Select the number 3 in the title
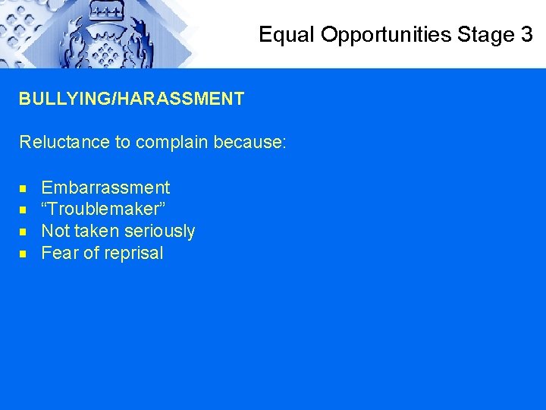[527, 35]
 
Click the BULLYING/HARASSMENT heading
[132, 99]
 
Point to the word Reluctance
[64, 142]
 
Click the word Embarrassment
[105, 188]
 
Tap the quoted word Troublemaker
[103, 209]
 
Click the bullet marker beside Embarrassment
[24, 188]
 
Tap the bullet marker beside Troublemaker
[24, 210]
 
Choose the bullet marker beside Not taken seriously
[24, 232]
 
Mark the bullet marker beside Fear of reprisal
[24, 254]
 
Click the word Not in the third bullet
[54, 231]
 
